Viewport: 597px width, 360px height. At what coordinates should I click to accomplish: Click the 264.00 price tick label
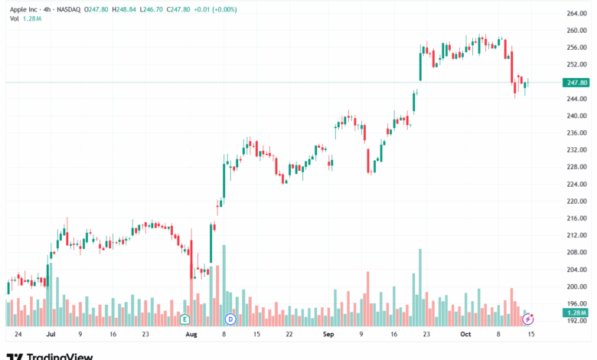576,14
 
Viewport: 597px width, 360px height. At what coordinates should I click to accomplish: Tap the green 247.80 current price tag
576,82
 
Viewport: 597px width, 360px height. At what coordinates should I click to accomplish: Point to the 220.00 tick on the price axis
576,201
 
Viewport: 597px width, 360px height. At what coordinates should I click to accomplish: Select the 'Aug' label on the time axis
191,335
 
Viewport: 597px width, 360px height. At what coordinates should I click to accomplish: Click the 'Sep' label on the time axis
328,335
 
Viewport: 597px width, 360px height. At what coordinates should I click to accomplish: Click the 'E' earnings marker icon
184,318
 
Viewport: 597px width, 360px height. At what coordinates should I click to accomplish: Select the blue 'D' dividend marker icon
230,318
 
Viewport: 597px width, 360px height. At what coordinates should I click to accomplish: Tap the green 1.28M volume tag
576,313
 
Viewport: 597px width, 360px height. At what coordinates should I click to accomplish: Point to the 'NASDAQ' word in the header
70,9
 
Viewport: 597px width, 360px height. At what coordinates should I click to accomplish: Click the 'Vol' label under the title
14,18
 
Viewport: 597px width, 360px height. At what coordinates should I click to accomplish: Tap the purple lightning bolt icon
528,318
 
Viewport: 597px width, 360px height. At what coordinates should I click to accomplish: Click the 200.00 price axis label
576,286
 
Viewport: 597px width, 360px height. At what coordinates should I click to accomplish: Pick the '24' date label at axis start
18,335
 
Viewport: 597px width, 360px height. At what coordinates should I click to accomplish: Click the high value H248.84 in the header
125,9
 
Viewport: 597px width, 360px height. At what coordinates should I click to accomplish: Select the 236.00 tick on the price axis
576,133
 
